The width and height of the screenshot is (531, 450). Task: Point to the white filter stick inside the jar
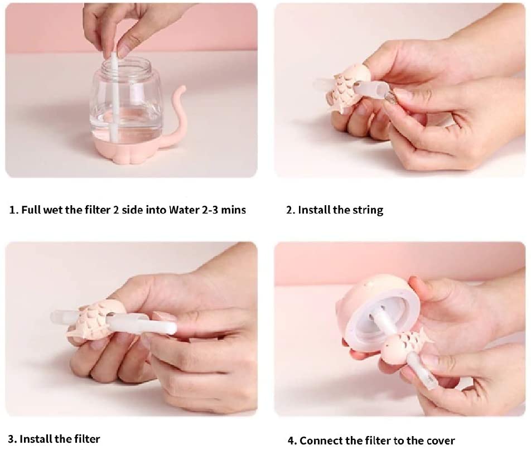pyautogui.click(x=114, y=98)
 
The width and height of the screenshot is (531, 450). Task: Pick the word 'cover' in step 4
pyautogui.click(x=440, y=441)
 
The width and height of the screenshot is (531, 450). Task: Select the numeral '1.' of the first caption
pyautogui.click(x=13, y=210)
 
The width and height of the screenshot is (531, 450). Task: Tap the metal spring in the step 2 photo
pyautogui.click(x=389, y=97)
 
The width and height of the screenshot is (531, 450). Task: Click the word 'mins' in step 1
pyautogui.click(x=233, y=210)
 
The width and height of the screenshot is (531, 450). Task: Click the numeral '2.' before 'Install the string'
pyautogui.click(x=291, y=210)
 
